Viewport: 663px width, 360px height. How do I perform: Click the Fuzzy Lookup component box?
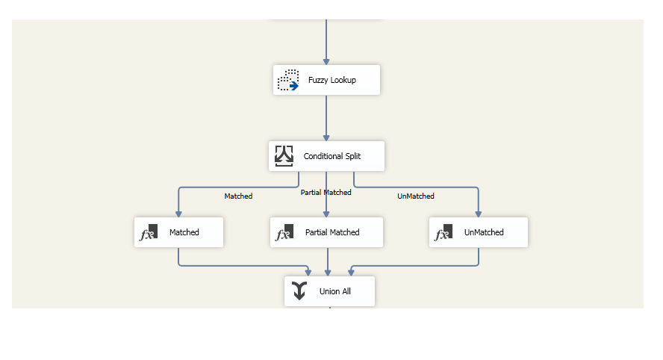[x=326, y=80]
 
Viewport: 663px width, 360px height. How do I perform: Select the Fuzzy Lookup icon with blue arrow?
[x=288, y=80]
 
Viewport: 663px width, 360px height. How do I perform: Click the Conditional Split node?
[x=326, y=156]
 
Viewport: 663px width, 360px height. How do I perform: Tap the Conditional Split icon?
[x=284, y=155]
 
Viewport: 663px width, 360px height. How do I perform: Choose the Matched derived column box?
[x=178, y=232]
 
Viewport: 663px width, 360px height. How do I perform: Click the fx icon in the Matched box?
[x=149, y=232]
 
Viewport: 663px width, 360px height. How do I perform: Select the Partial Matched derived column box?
[x=326, y=232]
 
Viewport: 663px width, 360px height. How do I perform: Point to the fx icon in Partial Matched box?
[x=284, y=232]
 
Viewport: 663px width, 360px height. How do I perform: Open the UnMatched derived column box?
[x=479, y=232]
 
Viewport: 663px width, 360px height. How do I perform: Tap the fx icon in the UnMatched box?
[x=443, y=232]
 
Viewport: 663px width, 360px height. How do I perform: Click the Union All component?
[x=329, y=291]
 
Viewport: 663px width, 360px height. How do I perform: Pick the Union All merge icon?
[x=299, y=291]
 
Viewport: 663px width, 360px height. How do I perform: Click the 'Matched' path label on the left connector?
[x=238, y=196]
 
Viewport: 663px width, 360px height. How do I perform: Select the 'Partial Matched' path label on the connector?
[x=326, y=193]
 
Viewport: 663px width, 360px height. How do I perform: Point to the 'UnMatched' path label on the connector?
[x=415, y=196]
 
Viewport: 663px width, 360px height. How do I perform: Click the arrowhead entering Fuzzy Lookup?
[x=326, y=60]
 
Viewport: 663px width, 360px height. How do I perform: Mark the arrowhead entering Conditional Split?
[x=326, y=137]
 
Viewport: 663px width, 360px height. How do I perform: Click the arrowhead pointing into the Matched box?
[x=178, y=213]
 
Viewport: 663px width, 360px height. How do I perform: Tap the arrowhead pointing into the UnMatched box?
[x=479, y=213]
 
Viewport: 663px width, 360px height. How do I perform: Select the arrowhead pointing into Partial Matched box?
[x=326, y=213]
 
